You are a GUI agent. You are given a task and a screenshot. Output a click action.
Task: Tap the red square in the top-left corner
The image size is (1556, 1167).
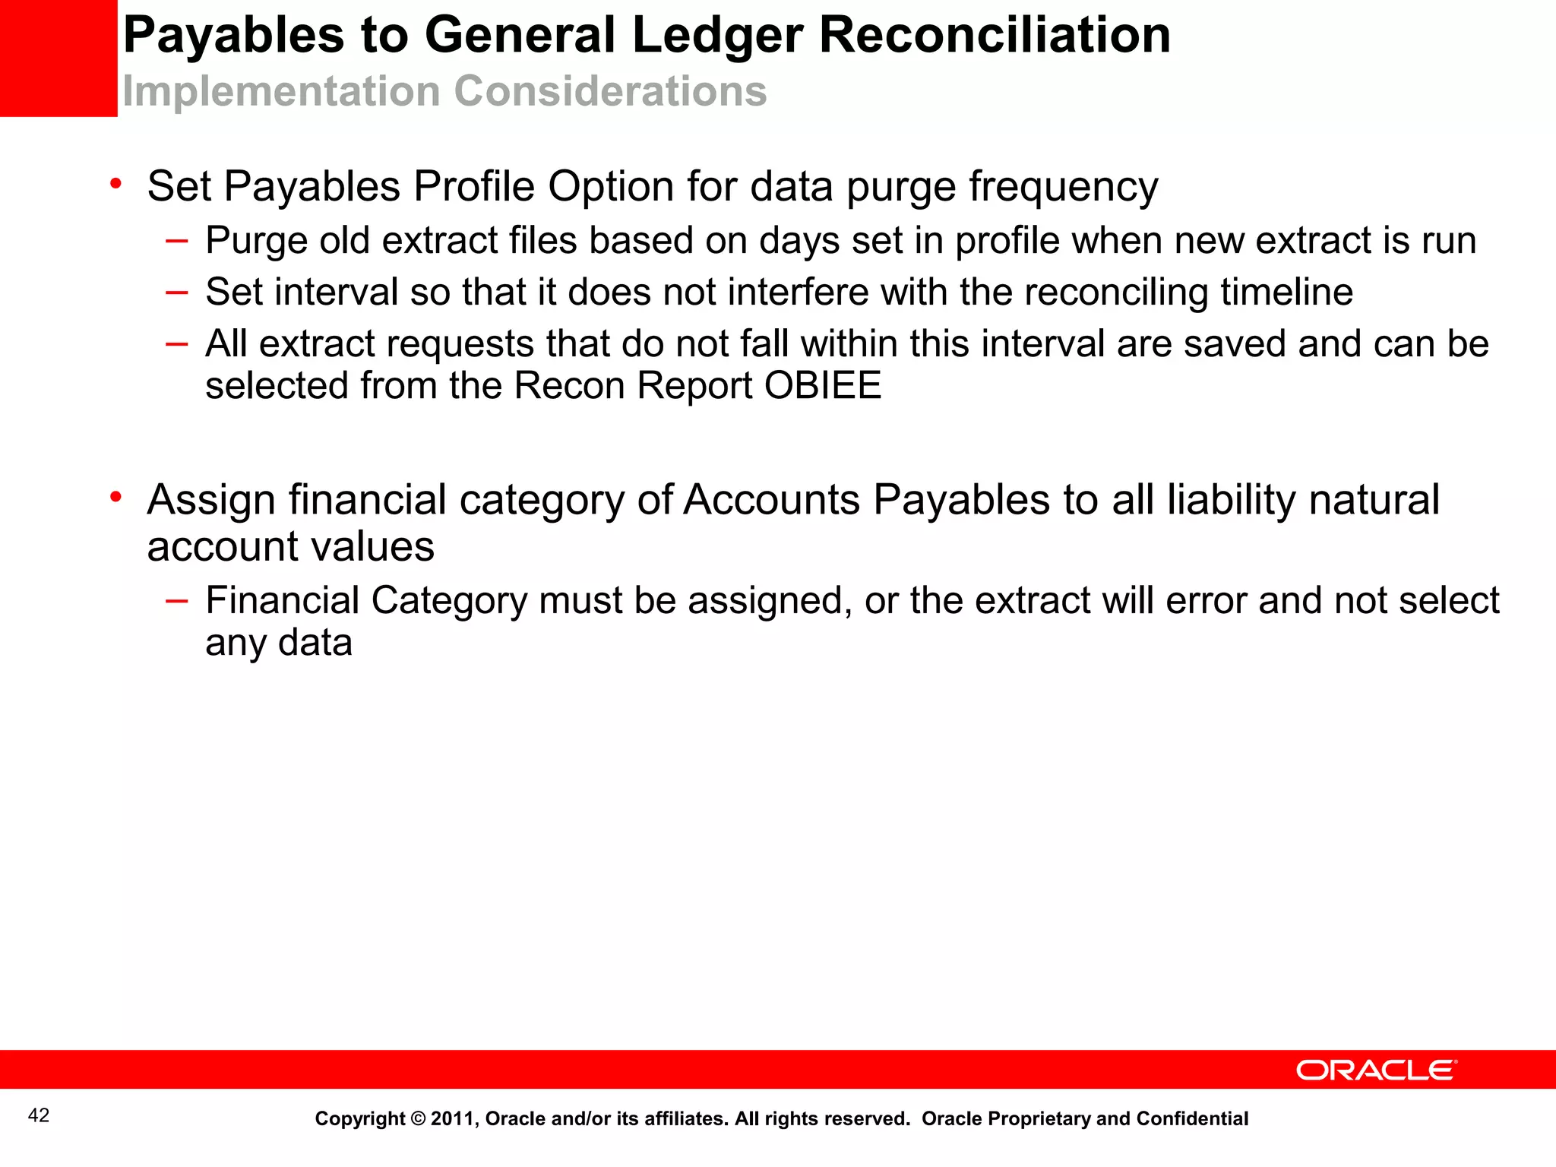point(58,58)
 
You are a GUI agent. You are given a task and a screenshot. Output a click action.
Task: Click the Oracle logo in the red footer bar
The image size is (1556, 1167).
point(1376,1070)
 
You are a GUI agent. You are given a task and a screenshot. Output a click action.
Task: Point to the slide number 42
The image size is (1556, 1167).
point(39,1115)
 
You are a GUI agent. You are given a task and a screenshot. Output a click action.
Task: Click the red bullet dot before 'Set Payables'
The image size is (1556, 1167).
point(115,183)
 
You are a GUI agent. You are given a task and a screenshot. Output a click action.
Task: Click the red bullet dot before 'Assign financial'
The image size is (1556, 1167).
point(115,497)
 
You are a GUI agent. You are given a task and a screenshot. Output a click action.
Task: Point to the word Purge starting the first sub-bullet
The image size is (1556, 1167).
point(256,242)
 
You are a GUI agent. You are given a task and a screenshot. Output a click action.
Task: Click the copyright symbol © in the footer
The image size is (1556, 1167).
point(418,1119)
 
